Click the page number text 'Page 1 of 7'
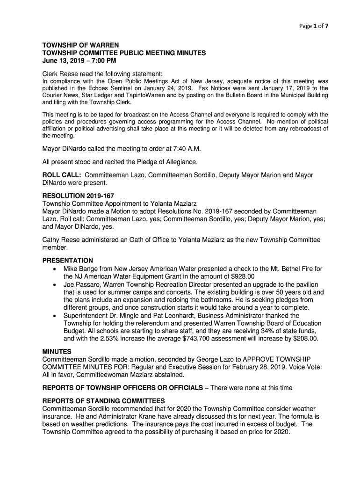tap(314, 26)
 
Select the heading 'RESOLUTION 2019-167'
tap(79, 196)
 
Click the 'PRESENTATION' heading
tap(68, 260)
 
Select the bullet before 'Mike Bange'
tap(56, 269)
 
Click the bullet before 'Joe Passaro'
tap(56, 285)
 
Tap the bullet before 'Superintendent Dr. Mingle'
tap(56, 316)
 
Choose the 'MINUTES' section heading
tap(57, 351)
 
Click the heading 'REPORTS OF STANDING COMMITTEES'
tap(103, 401)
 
